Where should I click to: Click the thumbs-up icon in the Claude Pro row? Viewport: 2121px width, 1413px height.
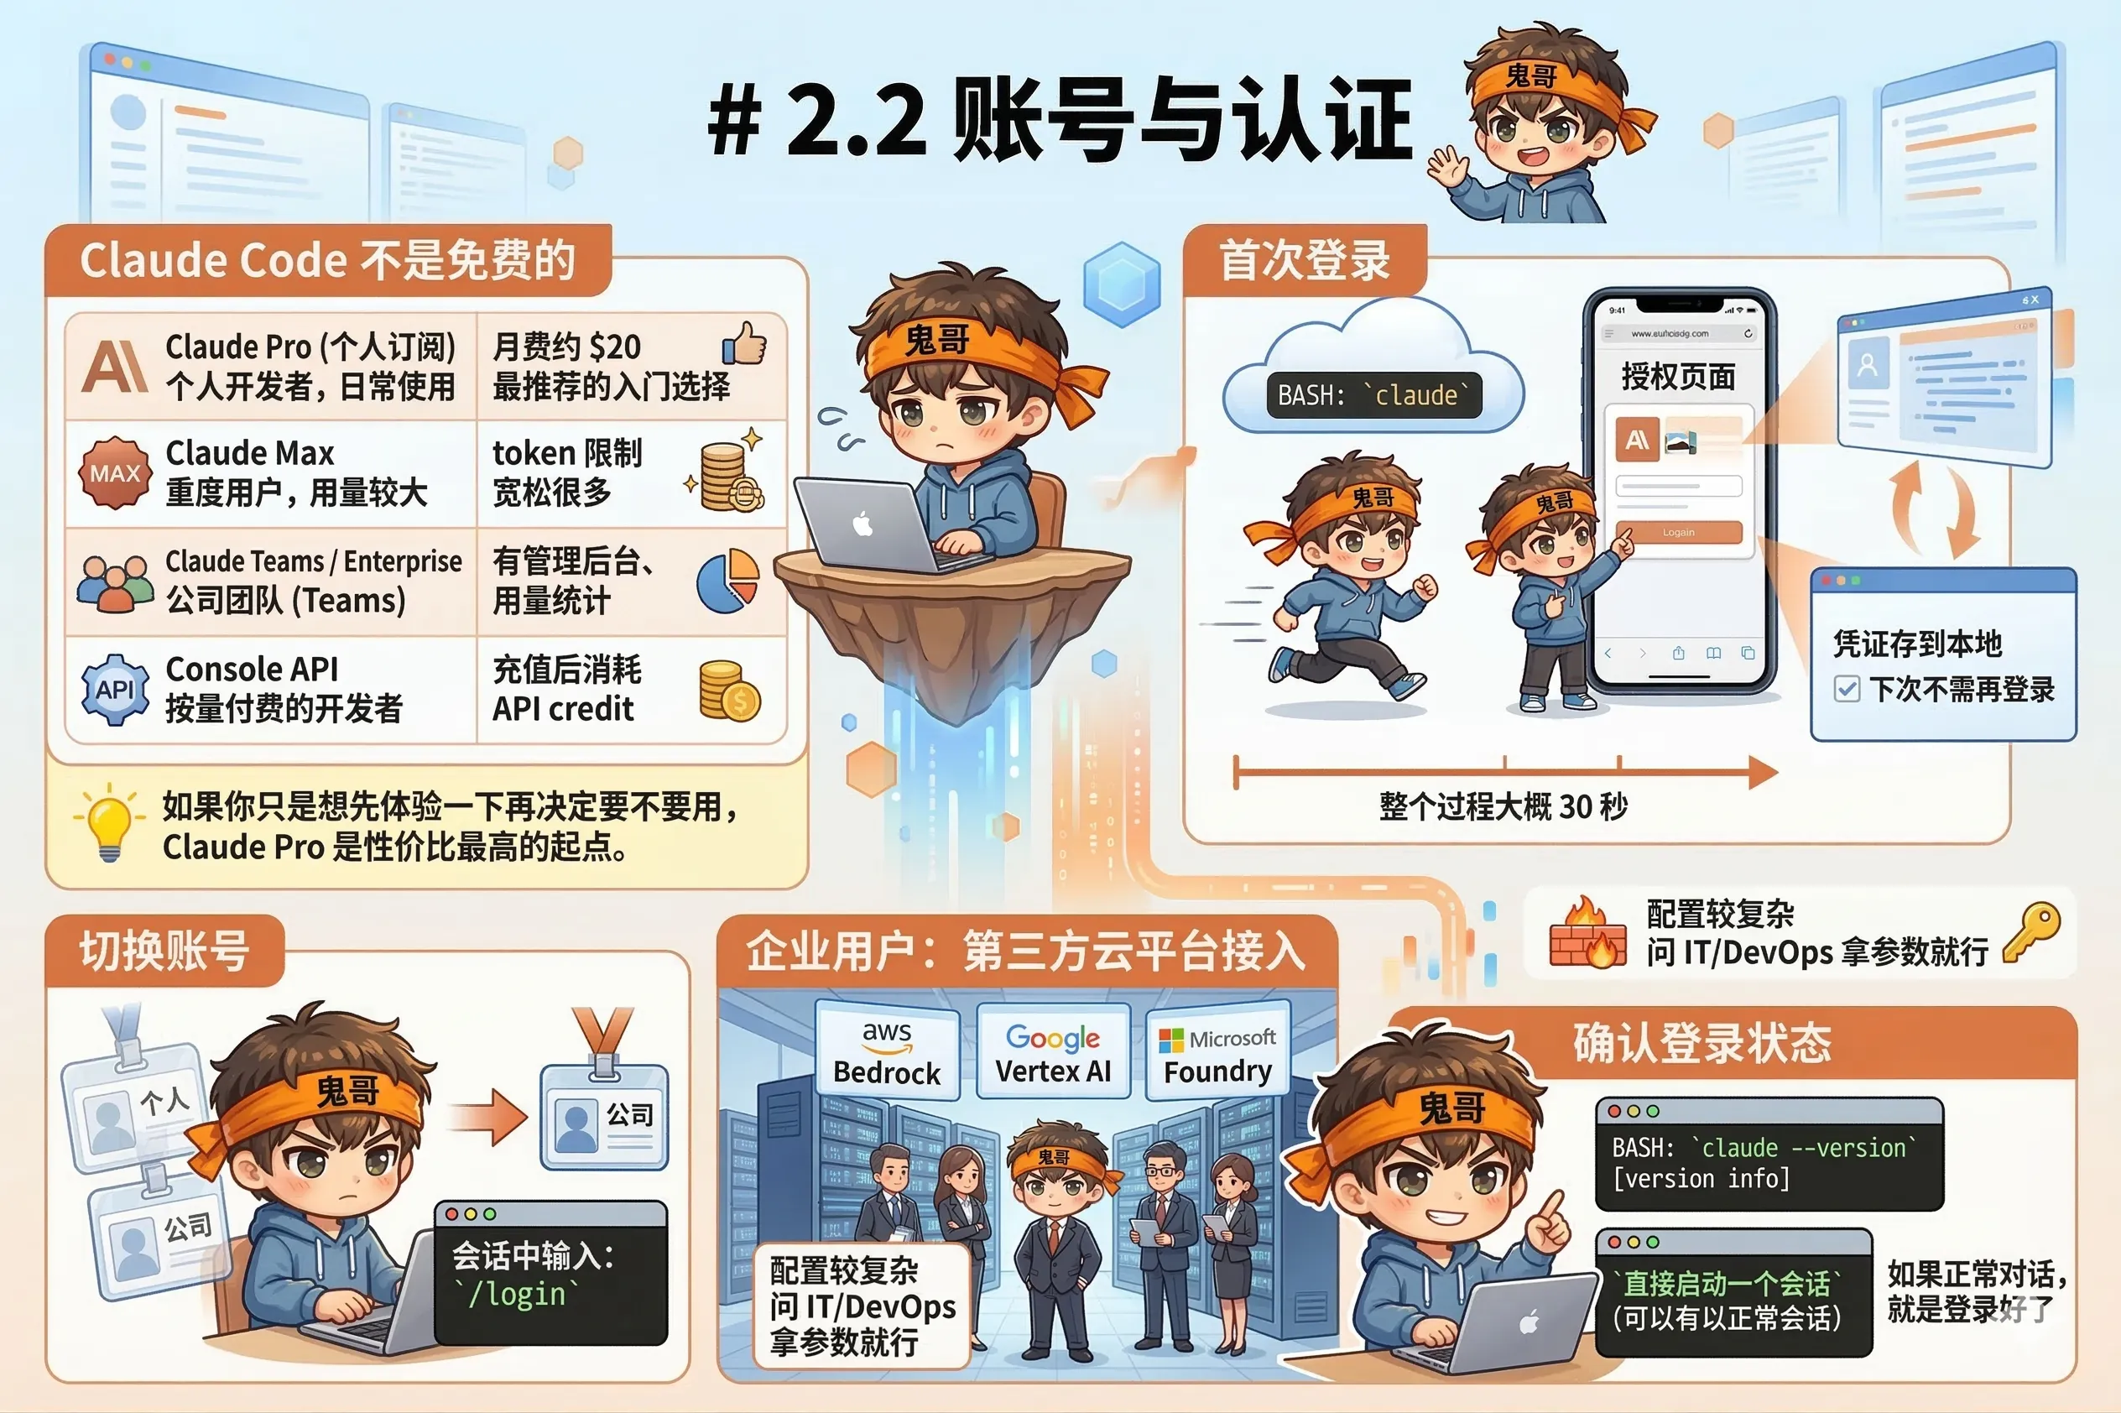click(743, 343)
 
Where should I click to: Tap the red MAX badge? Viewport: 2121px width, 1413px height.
click(114, 473)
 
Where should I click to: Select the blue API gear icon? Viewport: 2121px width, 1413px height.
click(114, 690)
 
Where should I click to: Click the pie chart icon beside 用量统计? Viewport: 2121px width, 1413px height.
click(728, 581)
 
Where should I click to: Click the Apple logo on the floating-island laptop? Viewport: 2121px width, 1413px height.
click(863, 524)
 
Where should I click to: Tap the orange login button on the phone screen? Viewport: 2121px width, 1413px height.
click(1678, 533)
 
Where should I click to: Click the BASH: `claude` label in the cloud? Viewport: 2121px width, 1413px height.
click(1373, 394)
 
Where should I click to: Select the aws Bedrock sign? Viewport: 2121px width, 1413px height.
click(887, 1052)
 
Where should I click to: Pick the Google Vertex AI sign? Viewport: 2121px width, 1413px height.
click(1052, 1052)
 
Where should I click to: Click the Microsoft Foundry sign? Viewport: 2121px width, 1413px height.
click(1217, 1052)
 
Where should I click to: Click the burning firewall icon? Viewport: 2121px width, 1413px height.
click(1587, 934)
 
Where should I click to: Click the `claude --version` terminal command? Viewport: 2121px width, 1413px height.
click(1803, 1147)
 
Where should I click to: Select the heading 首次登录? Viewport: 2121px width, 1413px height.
click(1304, 260)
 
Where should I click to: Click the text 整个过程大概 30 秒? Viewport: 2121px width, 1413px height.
click(1503, 806)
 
